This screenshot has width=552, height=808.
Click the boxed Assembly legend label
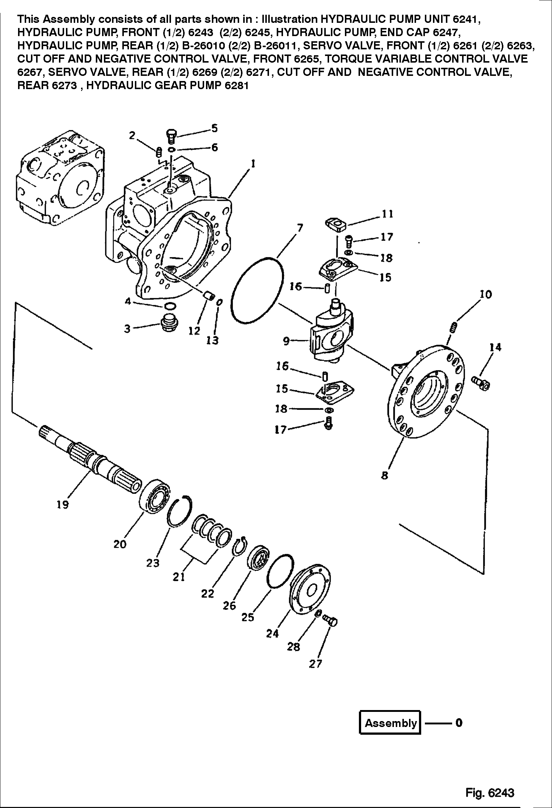[390, 723]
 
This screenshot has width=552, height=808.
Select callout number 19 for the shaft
[63, 505]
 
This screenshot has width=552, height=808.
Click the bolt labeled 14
[481, 383]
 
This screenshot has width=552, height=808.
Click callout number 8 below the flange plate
[385, 476]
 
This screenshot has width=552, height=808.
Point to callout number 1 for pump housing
[253, 164]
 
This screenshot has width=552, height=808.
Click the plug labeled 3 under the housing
[170, 323]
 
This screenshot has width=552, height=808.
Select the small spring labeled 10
[454, 327]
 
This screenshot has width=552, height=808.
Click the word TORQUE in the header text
[348, 59]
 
